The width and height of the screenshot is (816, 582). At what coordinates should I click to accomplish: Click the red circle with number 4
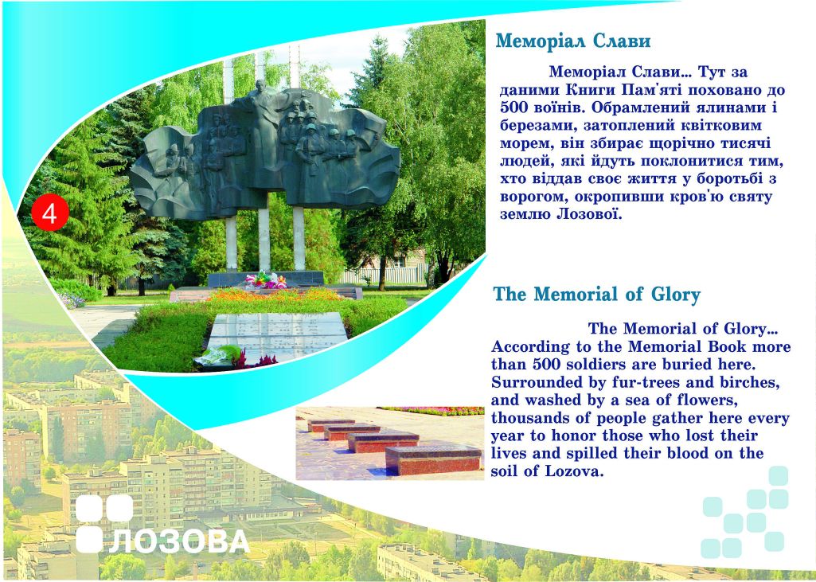(50, 213)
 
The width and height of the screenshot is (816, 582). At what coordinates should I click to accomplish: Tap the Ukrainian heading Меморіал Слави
(573, 41)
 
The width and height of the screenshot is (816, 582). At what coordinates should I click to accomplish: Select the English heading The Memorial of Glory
(597, 294)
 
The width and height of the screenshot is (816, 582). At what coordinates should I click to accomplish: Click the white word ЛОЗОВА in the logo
(179, 541)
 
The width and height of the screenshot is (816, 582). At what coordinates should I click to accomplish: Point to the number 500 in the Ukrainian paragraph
(515, 107)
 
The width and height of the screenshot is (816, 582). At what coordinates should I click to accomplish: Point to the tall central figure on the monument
(263, 130)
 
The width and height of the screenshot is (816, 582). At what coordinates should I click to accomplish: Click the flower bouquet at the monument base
(265, 280)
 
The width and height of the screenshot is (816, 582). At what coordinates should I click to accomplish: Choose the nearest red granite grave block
(433, 461)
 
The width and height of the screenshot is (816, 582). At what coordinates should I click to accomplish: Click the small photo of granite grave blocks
(390, 443)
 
